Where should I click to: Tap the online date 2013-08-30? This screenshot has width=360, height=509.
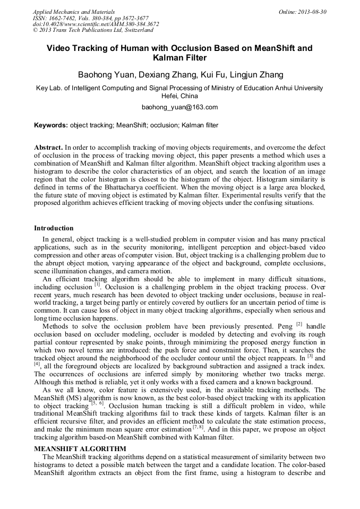[x=310, y=12]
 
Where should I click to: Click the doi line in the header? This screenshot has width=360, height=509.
[x=96, y=24]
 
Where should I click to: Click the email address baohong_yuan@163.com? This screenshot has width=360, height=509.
[x=179, y=107]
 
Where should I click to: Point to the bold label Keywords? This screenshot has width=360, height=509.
[x=51, y=126]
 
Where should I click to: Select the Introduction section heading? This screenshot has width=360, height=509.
[x=54, y=228]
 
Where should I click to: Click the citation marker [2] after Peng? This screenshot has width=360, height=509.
[x=299, y=323]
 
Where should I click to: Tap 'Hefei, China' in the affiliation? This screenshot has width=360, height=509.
[x=179, y=96]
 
